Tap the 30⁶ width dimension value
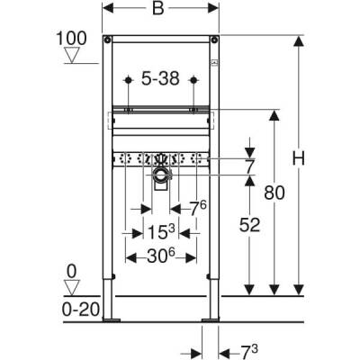162,257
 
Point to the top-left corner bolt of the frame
107,40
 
